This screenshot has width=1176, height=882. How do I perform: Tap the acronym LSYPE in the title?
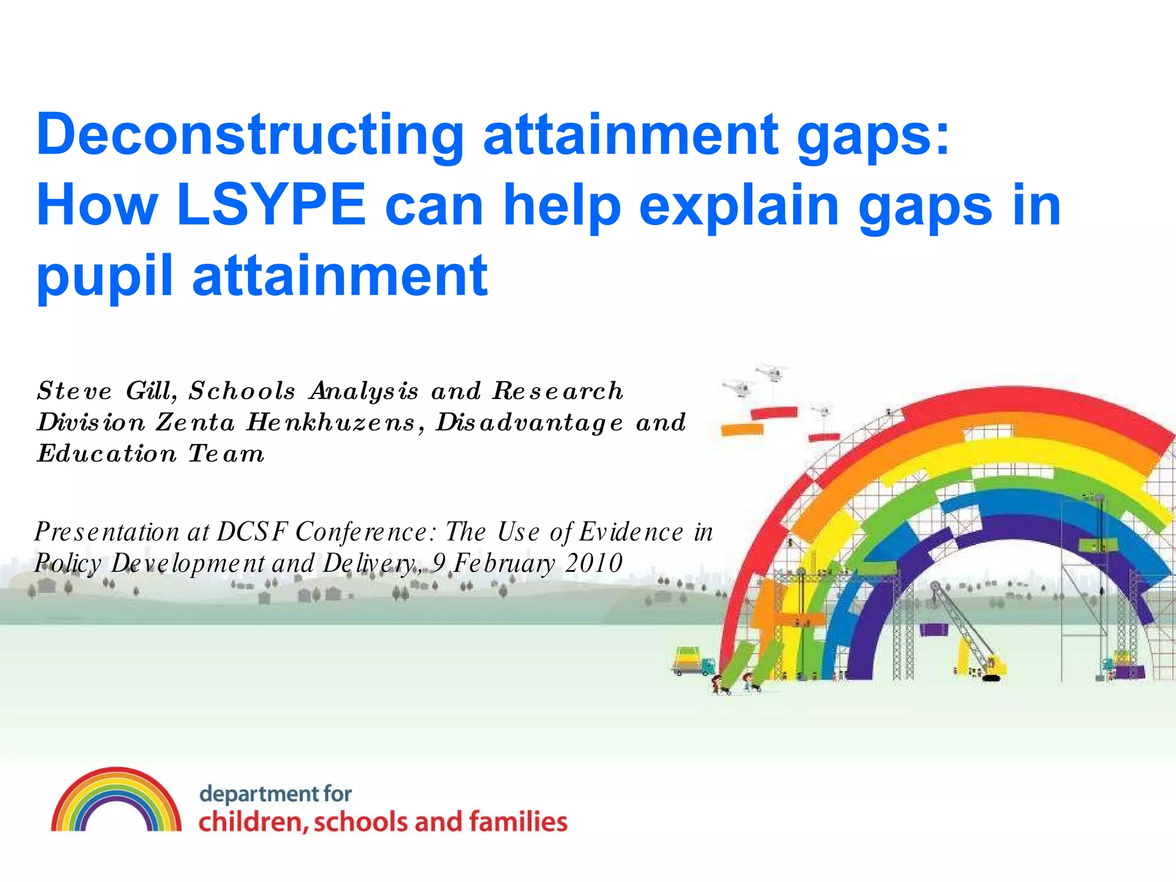[x=271, y=204]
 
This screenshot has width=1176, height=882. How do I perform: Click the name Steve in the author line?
[x=75, y=392]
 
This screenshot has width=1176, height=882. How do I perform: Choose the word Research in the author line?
[x=558, y=392]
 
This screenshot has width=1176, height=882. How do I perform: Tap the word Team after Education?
[x=226, y=454]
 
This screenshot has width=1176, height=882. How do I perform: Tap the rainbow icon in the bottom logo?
[x=116, y=800]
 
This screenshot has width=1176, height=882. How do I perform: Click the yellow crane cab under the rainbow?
[x=996, y=666]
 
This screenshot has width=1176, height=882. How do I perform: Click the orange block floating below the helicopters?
[x=742, y=429]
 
